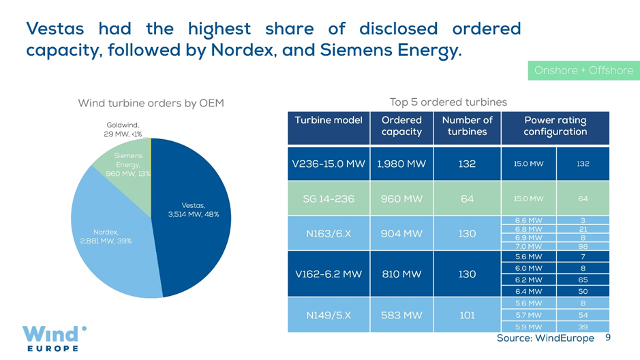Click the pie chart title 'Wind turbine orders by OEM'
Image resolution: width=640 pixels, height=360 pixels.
(x=151, y=103)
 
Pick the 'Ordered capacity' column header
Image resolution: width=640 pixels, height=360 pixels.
(x=401, y=125)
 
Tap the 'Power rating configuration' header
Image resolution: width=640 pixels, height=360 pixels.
(x=555, y=125)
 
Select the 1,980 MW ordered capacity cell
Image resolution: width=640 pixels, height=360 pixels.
(x=401, y=164)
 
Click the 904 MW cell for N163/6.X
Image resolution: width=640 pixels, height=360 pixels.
(x=401, y=232)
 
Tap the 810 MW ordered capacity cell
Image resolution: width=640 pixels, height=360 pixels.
(x=401, y=273)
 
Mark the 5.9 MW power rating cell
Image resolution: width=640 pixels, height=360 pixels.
(x=529, y=327)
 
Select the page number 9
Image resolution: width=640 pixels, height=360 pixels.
(x=607, y=337)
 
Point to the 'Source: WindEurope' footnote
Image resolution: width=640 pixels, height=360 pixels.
(x=545, y=338)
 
